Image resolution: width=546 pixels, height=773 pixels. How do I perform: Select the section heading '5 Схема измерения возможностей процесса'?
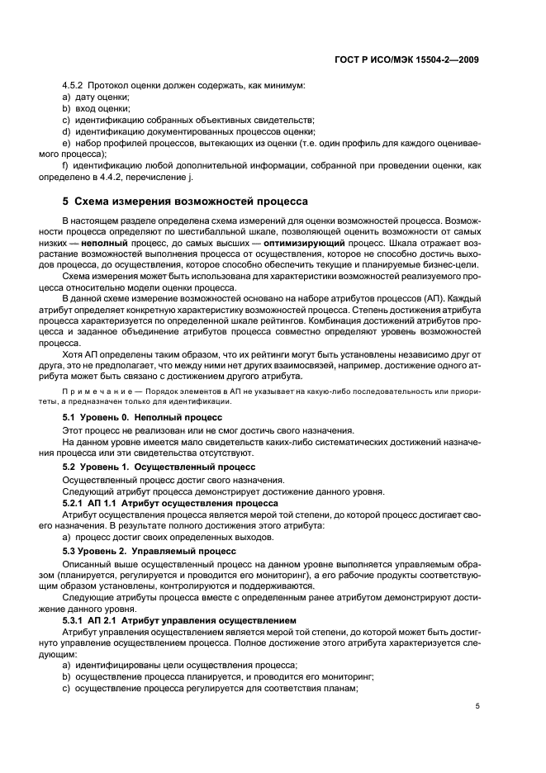185,201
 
